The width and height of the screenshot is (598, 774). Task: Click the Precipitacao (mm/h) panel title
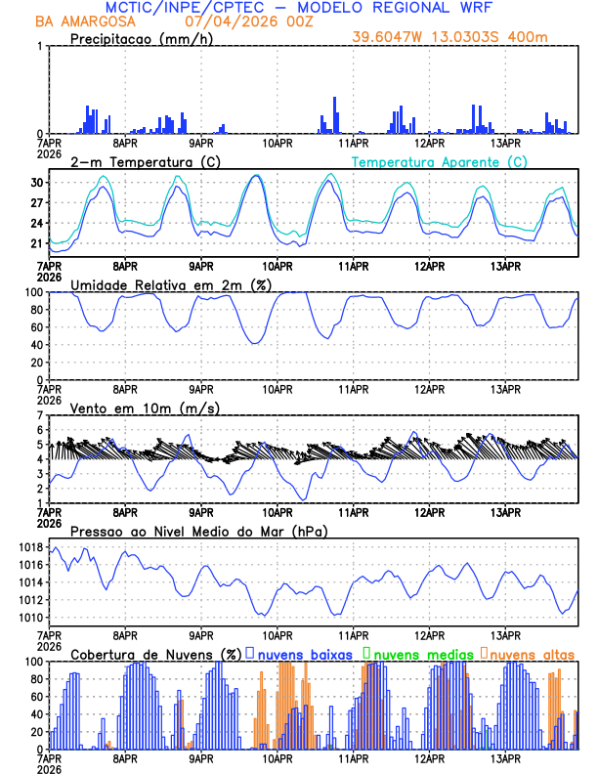(x=139, y=38)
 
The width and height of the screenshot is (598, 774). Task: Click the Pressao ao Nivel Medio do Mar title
(x=198, y=531)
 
